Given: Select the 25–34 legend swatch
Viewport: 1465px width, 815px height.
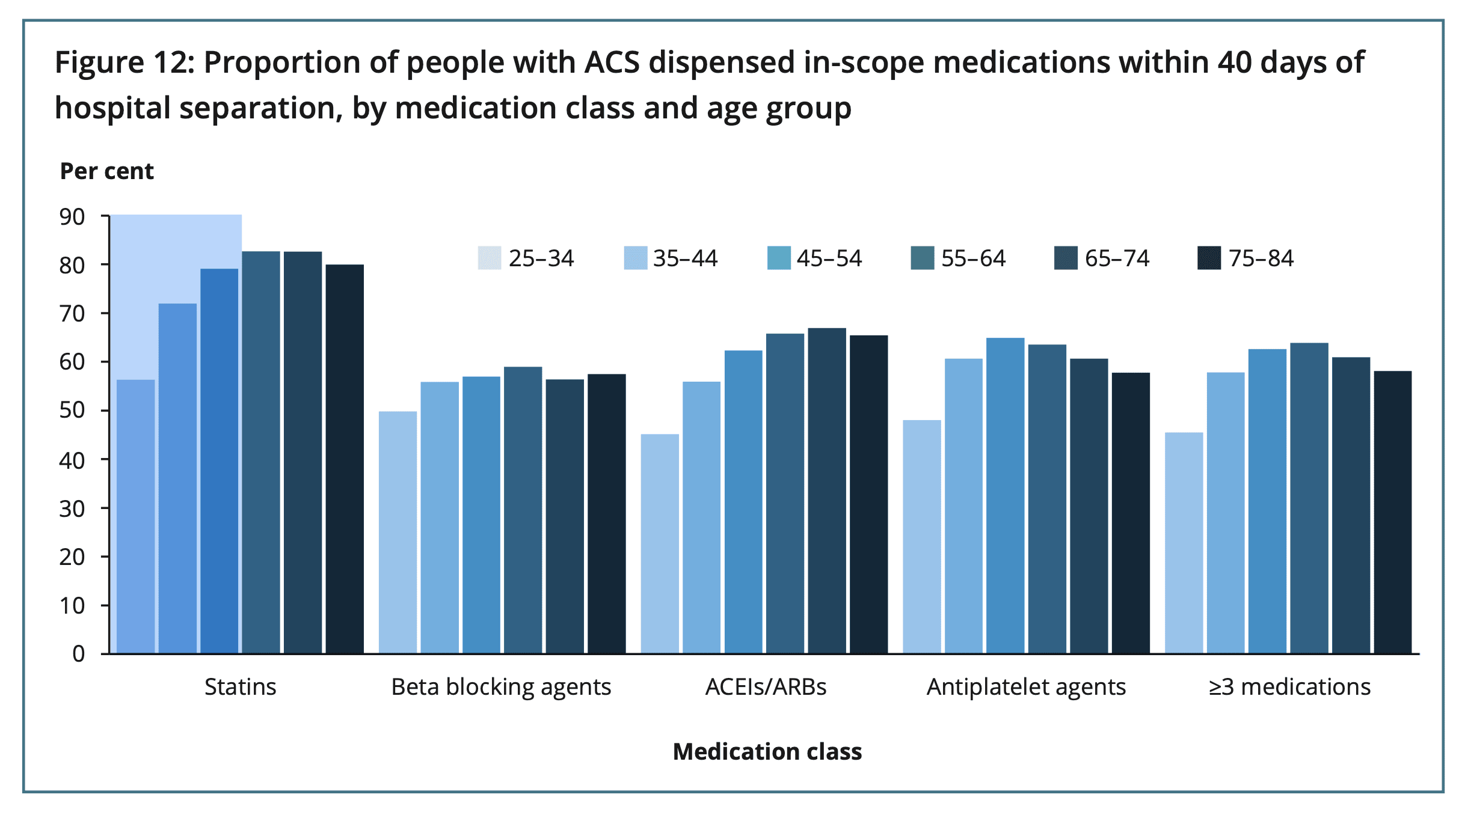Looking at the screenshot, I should [489, 258].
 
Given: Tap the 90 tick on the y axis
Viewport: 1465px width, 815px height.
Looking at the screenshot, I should [72, 217].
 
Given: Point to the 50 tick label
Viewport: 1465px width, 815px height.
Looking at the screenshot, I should [72, 411].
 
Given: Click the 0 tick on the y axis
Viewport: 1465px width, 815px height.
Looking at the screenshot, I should [78, 654].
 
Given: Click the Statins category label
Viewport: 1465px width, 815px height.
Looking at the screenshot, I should [240, 686].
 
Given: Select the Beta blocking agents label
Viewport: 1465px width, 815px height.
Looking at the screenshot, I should [501, 686].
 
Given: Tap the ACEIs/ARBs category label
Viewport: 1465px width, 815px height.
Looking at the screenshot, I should [766, 686].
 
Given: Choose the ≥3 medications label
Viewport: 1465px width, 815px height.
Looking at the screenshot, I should [1289, 686].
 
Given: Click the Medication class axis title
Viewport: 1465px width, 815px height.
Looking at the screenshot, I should [767, 752].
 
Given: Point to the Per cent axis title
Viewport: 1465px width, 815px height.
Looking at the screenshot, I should [107, 171].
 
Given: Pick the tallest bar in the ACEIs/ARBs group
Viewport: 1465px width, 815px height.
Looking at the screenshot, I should [827, 490].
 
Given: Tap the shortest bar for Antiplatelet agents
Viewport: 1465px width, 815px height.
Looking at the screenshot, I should [922, 536].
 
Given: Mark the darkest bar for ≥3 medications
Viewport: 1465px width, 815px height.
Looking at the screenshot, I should [1393, 512].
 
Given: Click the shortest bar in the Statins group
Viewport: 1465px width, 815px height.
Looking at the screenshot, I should [135, 516].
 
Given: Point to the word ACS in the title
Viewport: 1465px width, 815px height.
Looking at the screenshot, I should [613, 63].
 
